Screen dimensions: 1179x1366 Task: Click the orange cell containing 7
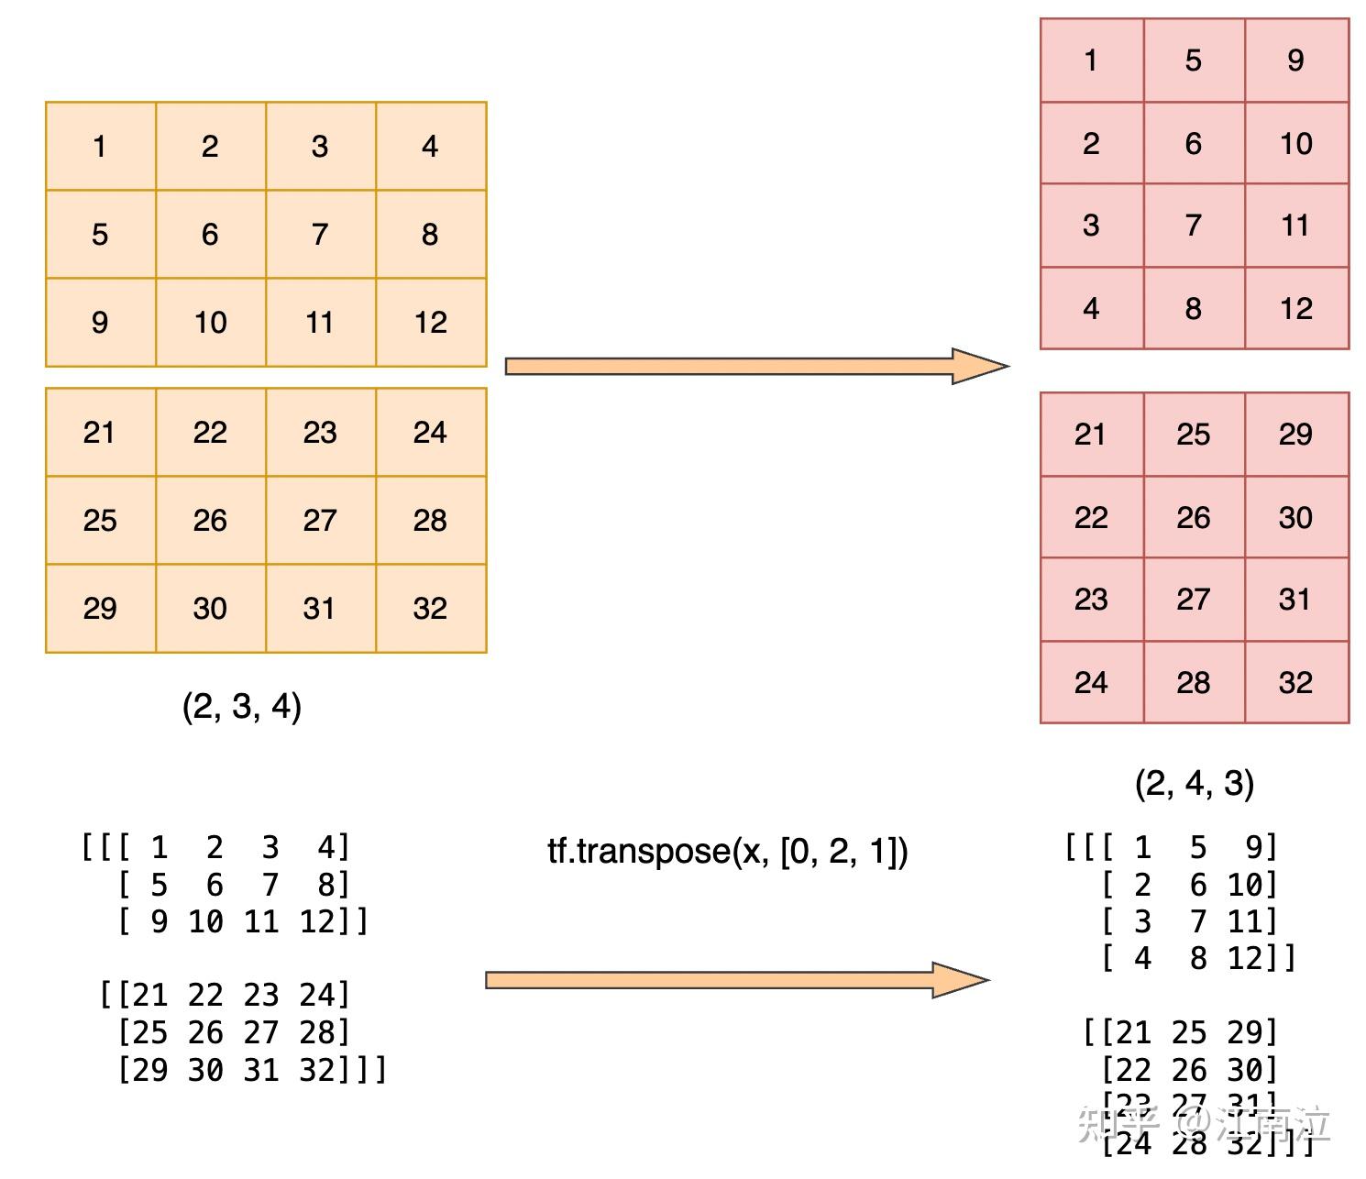pos(320,235)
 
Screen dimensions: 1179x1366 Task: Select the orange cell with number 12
pos(430,323)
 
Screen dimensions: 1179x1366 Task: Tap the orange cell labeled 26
pos(210,521)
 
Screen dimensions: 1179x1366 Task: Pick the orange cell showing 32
pos(430,609)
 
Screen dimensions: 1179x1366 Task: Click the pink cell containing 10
pos(1295,144)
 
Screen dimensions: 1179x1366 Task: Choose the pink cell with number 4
pos(1091,309)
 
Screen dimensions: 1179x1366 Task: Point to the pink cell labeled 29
pos(1295,435)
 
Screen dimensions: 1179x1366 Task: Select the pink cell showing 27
pos(1193,600)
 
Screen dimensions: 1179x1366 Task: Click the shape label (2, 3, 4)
pos(242,707)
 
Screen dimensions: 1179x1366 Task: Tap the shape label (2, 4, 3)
pos(1194,784)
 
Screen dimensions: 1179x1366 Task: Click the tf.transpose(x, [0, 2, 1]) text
pos(727,852)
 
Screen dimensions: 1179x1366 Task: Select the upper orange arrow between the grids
pos(755,367)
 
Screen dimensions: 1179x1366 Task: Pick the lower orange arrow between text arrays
pos(736,981)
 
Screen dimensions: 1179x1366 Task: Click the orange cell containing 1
pos(100,147)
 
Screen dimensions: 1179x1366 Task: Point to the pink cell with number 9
pos(1295,61)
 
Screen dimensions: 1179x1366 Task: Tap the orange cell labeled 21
pos(100,433)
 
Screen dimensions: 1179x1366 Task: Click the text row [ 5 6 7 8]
pos(234,885)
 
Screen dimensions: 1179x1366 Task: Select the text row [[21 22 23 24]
pos(225,995)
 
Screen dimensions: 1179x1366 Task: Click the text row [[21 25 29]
pos(1180,1033)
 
